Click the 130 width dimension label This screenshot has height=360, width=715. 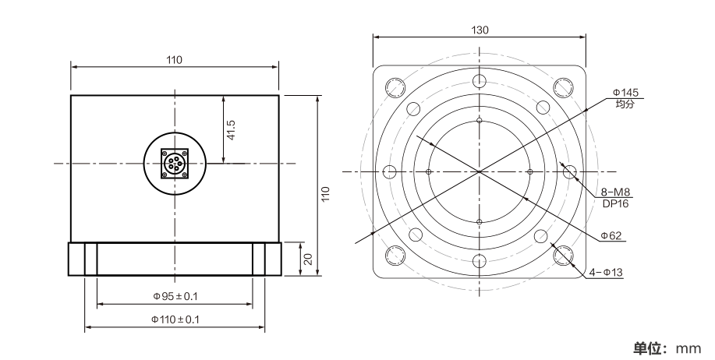[x=480, y=30]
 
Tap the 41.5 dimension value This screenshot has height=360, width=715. [x=231, y=130]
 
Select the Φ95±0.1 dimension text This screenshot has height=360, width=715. [x=175, y=296]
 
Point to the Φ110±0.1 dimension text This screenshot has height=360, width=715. [x=175, y=319]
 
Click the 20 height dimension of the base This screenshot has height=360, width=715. [x=308, y=259]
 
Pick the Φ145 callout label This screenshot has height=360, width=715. [x=625, y=93]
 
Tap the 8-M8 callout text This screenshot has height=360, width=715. [x=616, y=192]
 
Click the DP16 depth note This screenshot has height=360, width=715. [x=616, y=203]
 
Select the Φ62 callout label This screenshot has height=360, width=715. [x=611, y=235]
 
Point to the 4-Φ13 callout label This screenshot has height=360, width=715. [x=606, y=273]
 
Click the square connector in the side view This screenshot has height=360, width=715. [x=175, y=164]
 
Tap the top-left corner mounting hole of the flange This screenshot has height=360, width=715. [x=395, y=87]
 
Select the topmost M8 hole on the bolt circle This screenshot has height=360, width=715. [x=480, y=81]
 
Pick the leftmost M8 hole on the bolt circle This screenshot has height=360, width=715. [x=389, y=171]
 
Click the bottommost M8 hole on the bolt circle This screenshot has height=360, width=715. [x=480, y=261]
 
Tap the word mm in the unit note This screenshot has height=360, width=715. [x=688, y=348]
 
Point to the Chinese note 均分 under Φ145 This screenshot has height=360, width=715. [x=625, y=104]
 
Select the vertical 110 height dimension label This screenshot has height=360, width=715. [x=325, y=195]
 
